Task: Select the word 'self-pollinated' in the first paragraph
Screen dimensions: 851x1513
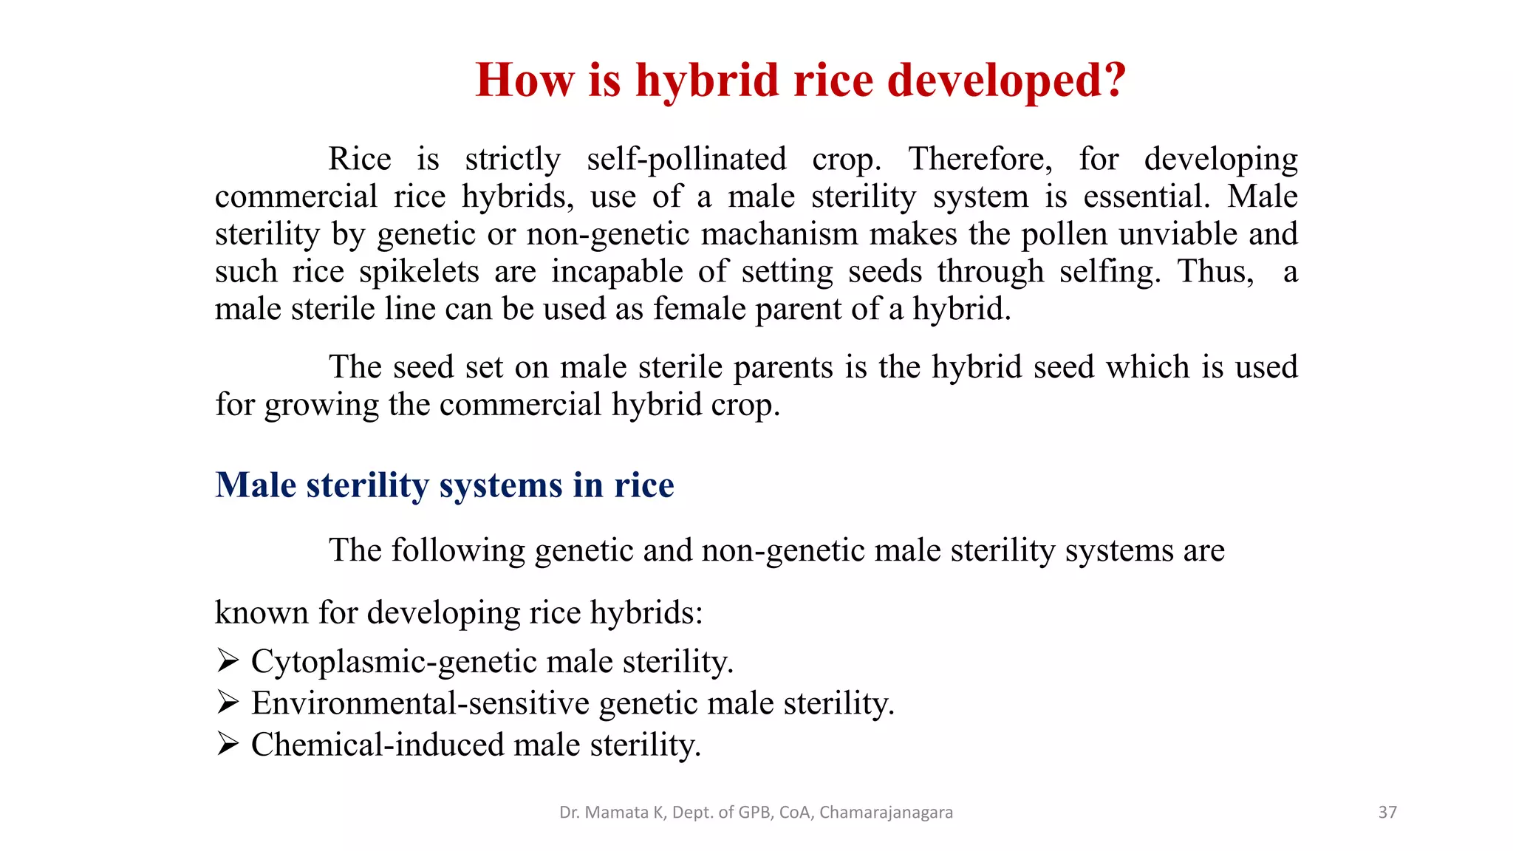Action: click(x=686, y=160)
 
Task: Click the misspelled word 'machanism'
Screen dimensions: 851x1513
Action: click(x=780, y=234)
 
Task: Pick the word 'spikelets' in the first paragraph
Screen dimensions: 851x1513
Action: click(x=420, y=272)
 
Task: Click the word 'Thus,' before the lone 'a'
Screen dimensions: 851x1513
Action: click(x=1215, y=272)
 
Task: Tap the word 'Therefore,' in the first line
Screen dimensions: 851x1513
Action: click(x=980, y=160)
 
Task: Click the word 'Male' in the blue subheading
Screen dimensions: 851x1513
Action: click(x=256, y=485)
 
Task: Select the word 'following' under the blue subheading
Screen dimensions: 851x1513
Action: click(x=458, y=551)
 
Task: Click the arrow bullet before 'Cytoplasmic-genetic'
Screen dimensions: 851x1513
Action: click(x=228, y=660)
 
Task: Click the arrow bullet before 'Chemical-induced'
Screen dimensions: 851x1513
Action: click(x=228, y=744)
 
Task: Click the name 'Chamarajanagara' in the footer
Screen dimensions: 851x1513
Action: click(x=886, y=813)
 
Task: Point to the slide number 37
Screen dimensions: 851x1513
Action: click(x=1387, y=813)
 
